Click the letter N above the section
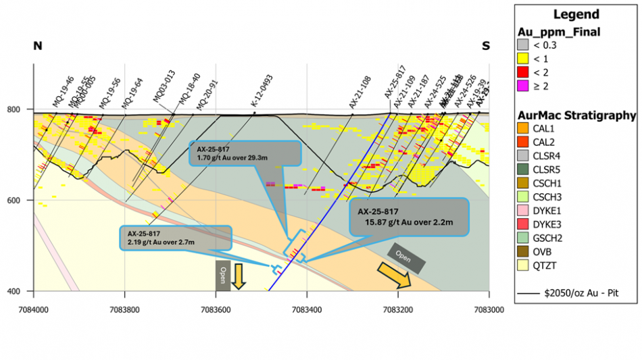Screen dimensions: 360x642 coord(38,46)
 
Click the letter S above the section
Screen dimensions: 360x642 coord(485,46)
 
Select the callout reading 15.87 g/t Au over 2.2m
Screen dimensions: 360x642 coord(410,216)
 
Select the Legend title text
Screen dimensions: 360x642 coord(576,15)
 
